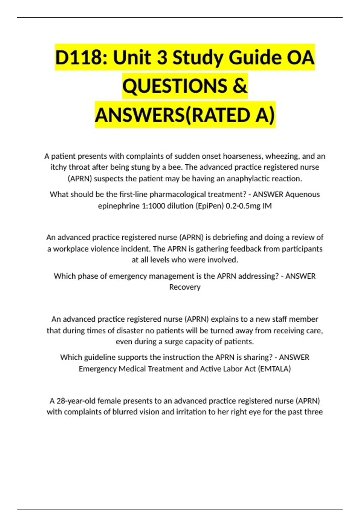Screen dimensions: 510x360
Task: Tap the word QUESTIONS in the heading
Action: pos(175,86)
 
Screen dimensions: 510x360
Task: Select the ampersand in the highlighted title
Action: pos(240,86)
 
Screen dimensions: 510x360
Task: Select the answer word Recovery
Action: pos(185,287)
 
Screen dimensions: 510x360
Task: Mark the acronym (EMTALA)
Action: pos(274,369)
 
